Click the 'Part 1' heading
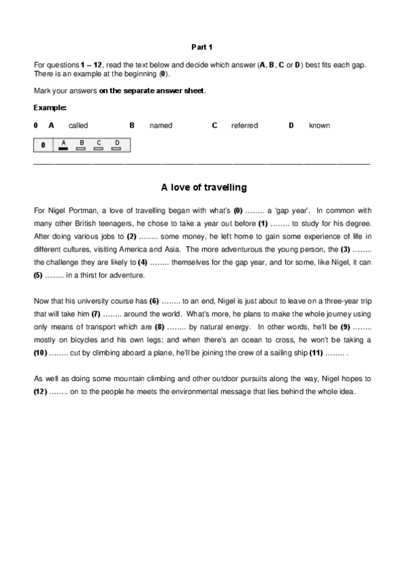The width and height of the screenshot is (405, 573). pyautogui.click(x=202, y=47)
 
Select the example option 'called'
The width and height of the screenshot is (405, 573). pyautogui.click(x=78, y=126)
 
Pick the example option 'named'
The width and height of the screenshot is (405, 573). pyautogui.click(x=161, y=126)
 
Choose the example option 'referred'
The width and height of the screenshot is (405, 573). pyautogui.click(x=244, y=126)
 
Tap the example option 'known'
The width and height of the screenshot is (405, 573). pyautogui.click(x=319, y=126)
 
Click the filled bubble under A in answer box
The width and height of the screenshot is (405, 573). pyautogui.click(x=64, y=148)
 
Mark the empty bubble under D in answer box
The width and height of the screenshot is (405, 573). pyautogui.click(x=116, y=148)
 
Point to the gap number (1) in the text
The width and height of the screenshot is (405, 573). pyautogui.click(x=263, y=222)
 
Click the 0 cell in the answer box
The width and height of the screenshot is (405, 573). pyautogui.click(x=43, y=145)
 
